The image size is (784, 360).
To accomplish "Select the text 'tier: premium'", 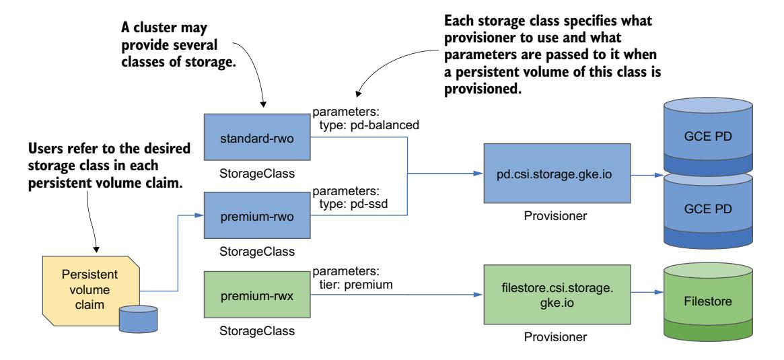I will pyautogui.click(x=356, y=283).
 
